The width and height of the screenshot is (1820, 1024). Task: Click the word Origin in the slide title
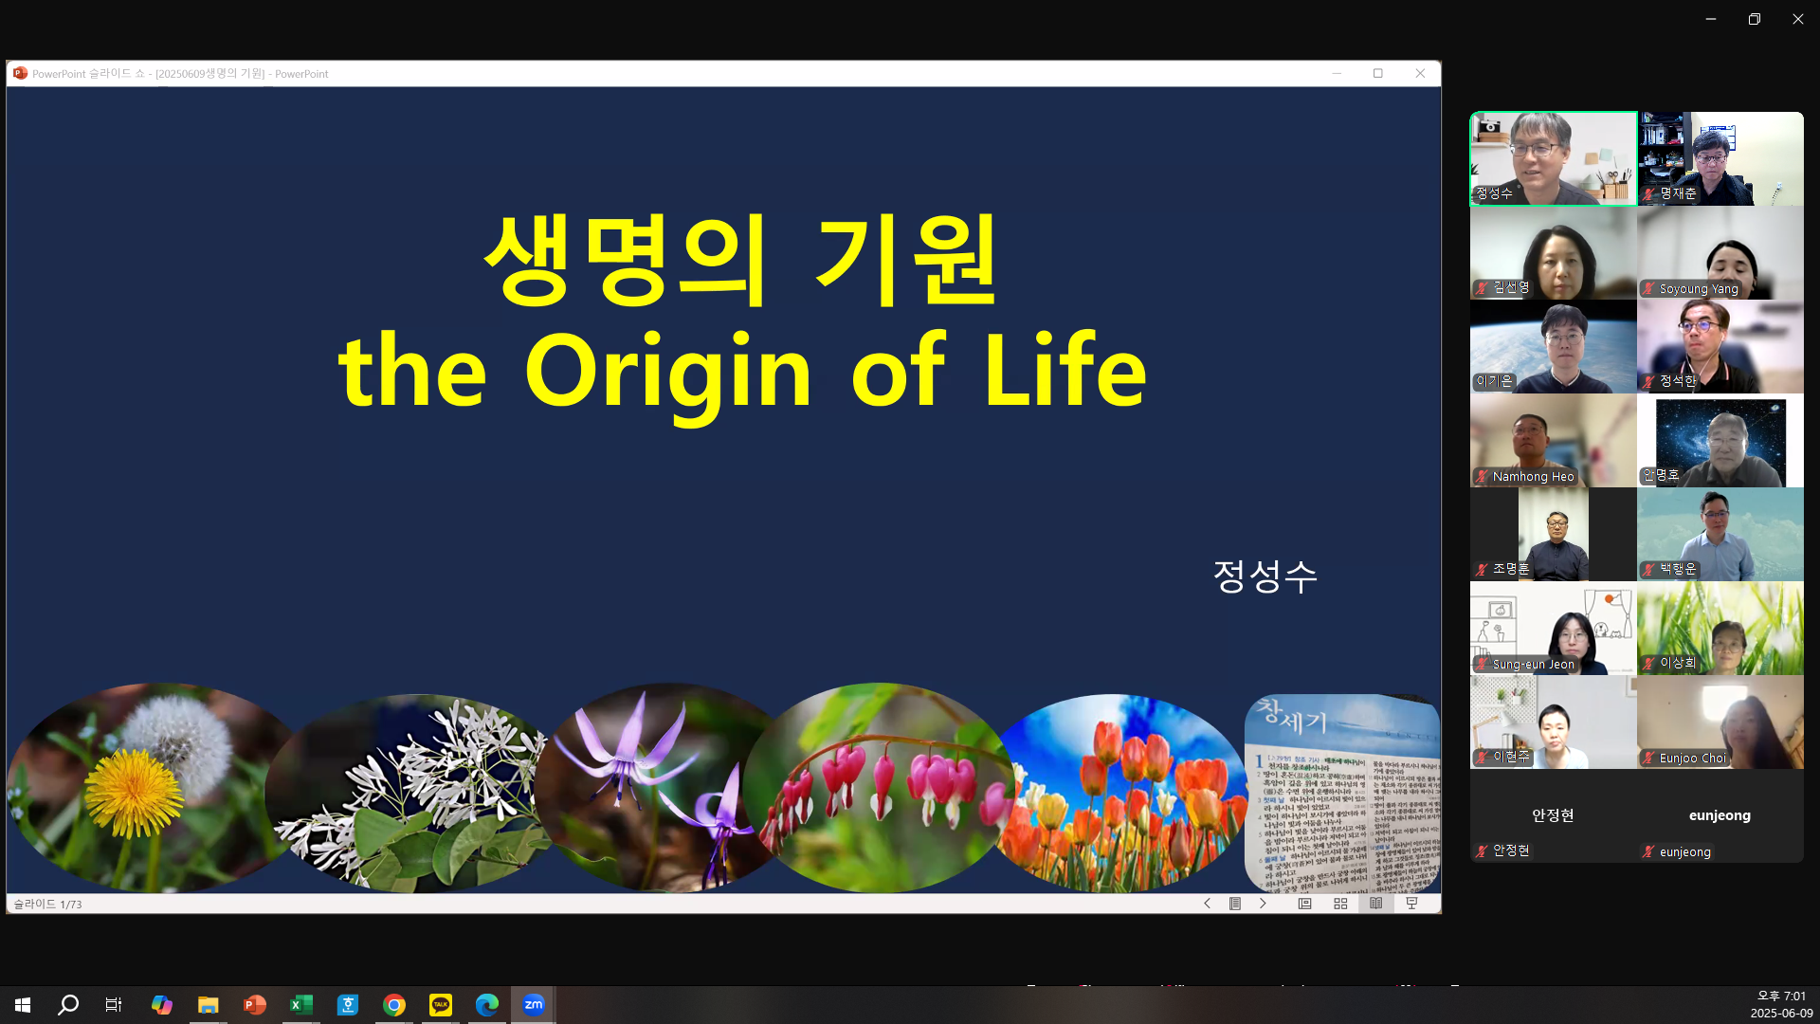[x=667, y=372]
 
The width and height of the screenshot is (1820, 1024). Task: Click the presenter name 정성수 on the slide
[x=1265, y=576]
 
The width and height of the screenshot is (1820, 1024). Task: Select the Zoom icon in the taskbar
[x=534, y=1005]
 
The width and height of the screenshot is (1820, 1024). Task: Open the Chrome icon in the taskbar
[x=394, y=1005]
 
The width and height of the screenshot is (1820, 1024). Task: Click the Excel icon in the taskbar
[x=301, y=1005]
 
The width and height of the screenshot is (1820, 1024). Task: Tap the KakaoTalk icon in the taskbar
[x=441, y=1005]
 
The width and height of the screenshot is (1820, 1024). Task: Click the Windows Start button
[x=23, y=1005]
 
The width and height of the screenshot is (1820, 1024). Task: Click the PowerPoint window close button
[x=1420, y=74]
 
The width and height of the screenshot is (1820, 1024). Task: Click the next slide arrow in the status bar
[x=1263, y=904]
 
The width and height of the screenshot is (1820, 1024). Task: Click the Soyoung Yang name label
[x=1698, y=289]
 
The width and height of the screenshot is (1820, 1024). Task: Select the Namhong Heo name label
[x=1533, y=477]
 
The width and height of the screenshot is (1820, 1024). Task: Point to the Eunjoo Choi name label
[x=1692, y=759]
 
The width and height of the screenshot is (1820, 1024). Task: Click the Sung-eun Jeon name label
[x=1533, y=665]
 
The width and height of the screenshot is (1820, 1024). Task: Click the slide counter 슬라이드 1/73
[x=47, y=905]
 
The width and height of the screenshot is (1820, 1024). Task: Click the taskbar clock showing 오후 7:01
[x=1781, y=997]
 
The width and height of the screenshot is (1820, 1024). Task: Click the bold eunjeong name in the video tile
[x=1720, y=815]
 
